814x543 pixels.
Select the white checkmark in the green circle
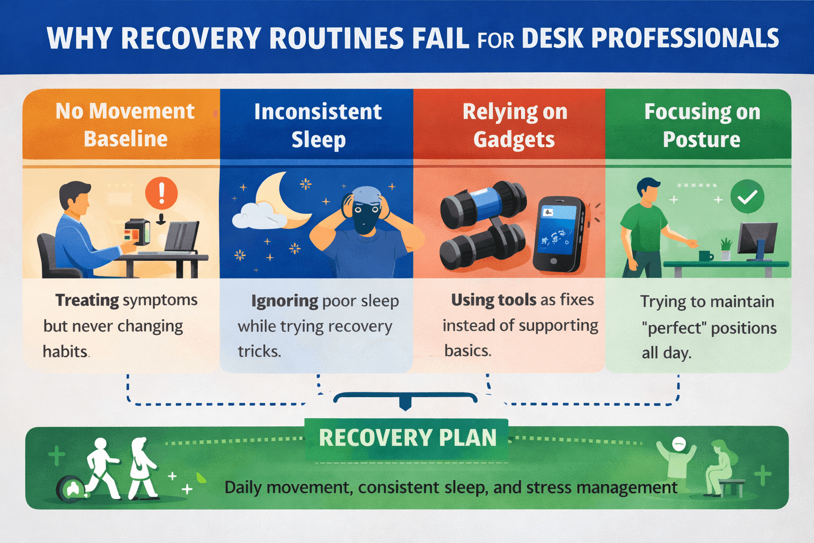pyautogui.click(x=747, y=197)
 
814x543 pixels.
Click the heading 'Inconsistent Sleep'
pyautogui.click(x=318, y=126)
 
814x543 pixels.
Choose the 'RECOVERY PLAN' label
pyautogui.click(x=407, y=438)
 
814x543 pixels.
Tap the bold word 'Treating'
pyautogui.click(x=87, y=300)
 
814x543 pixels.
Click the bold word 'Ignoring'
pyautogui.click(x=285, y=301)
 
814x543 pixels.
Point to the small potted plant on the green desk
pyautogui.click(x=725, y=249)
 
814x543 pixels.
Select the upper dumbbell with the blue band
pyautogui.click(x=483, y=205)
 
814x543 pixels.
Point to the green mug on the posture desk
pyautogui.click(x=705, y=256)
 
